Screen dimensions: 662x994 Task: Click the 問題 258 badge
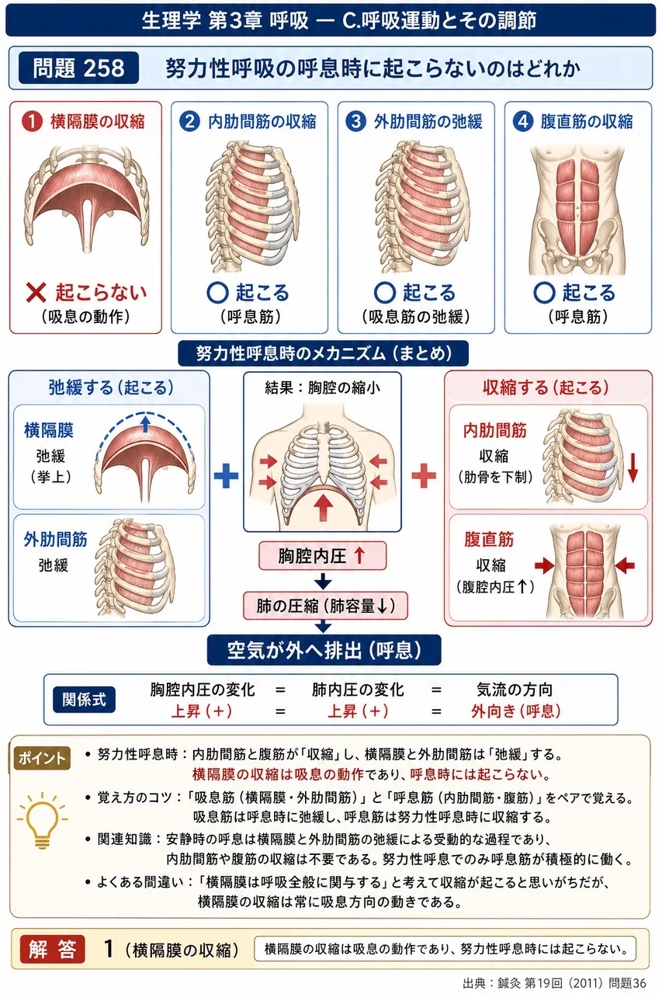tap(78, 68)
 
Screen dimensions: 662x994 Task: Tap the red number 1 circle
tap(32, 121)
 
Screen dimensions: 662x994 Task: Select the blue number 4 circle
tap(522, 121)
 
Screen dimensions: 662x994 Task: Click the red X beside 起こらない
tap(36, 293)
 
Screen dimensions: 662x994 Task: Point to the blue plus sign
tap(226, 476)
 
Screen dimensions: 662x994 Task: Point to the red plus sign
tap(424, 476)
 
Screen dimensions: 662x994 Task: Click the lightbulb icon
tap(42, 819)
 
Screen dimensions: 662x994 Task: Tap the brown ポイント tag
tap(42, 758)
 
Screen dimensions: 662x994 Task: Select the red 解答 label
tap(52, 949)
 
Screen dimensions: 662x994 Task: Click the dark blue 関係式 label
tap(84, 700)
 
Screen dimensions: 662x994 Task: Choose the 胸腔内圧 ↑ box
tap(322, 555)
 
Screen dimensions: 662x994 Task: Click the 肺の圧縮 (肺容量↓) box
tap(325, 606)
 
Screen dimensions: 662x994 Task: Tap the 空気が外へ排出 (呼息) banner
tap(324, 650)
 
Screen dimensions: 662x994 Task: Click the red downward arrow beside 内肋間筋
tap(633, 467)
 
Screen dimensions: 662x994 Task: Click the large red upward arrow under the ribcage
tap(324, 507)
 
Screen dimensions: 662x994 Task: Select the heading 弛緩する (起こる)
tap(111, 388)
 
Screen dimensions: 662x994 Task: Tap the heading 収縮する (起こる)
tap(546, 388)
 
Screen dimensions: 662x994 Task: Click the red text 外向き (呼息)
tap(515, 711)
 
